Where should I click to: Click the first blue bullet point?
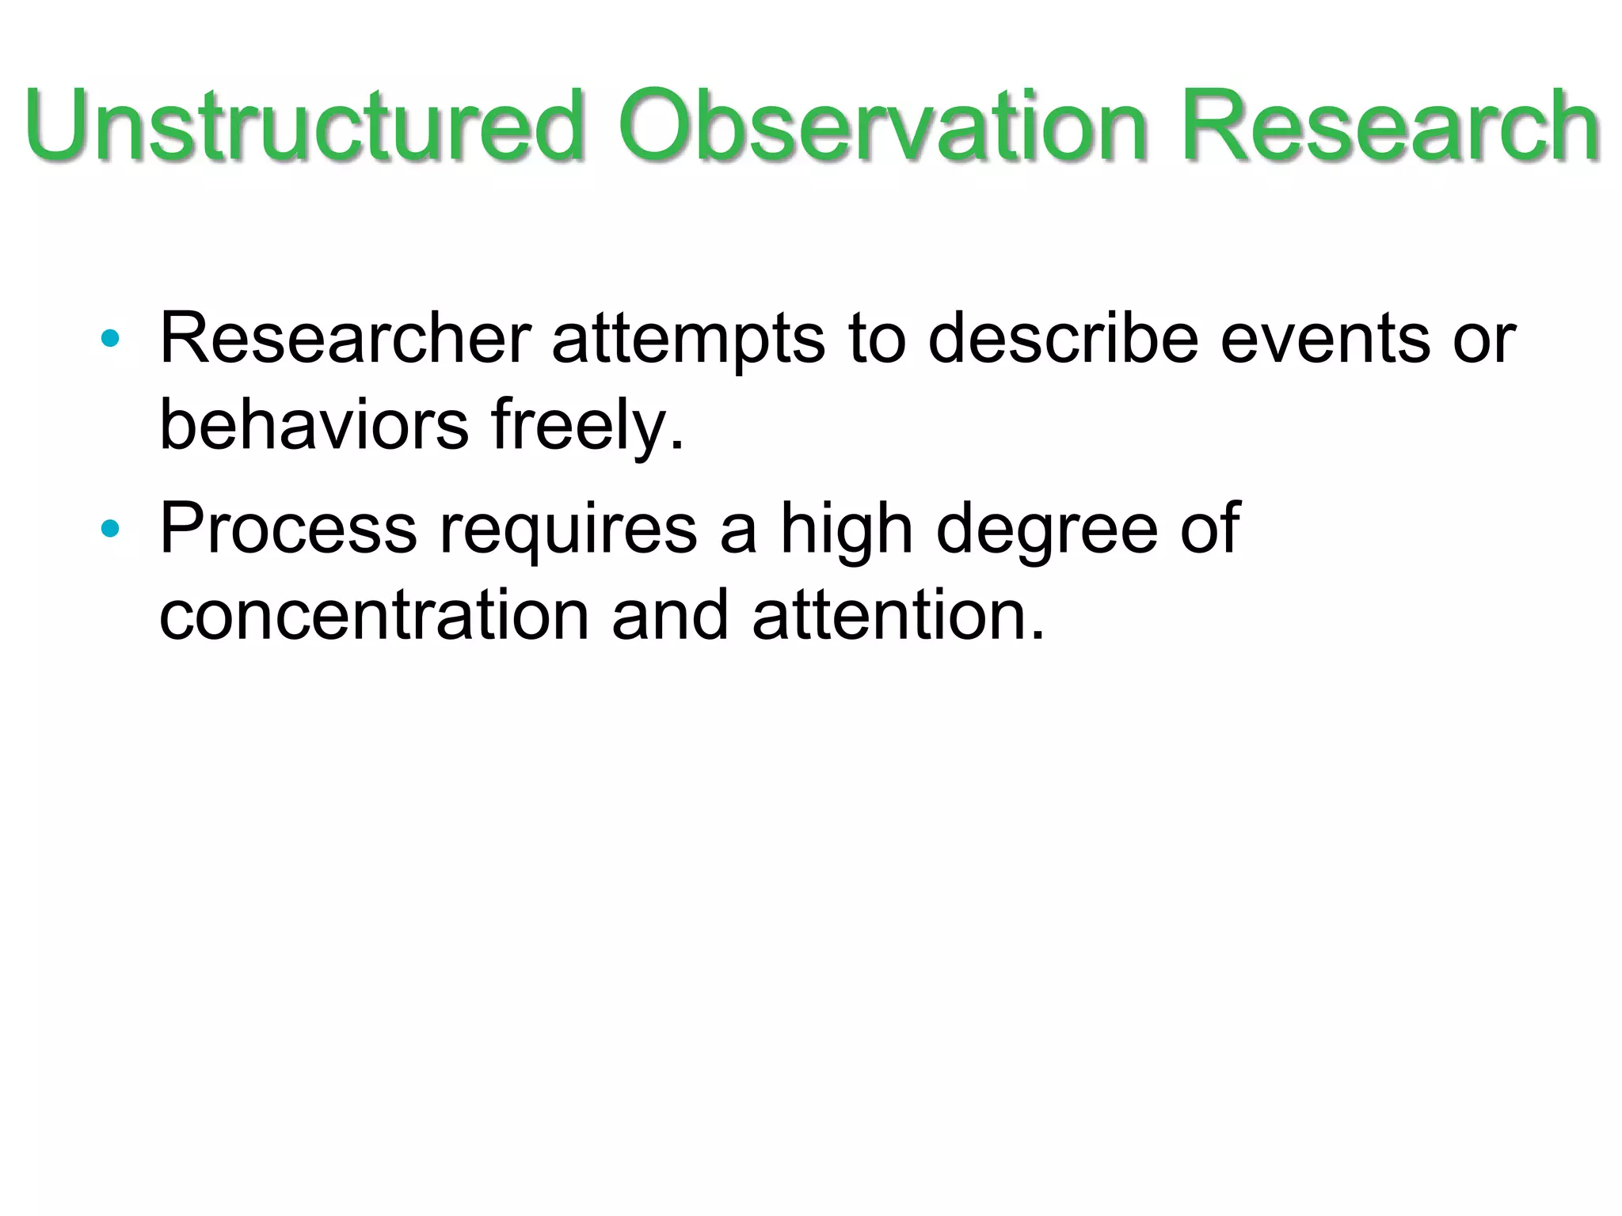tap(110, 340)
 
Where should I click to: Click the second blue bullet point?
tap(110, 529)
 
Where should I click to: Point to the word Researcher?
tap(345, 339)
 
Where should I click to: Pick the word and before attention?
tap(670, 616)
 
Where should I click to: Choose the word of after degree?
tap(1209, 529)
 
